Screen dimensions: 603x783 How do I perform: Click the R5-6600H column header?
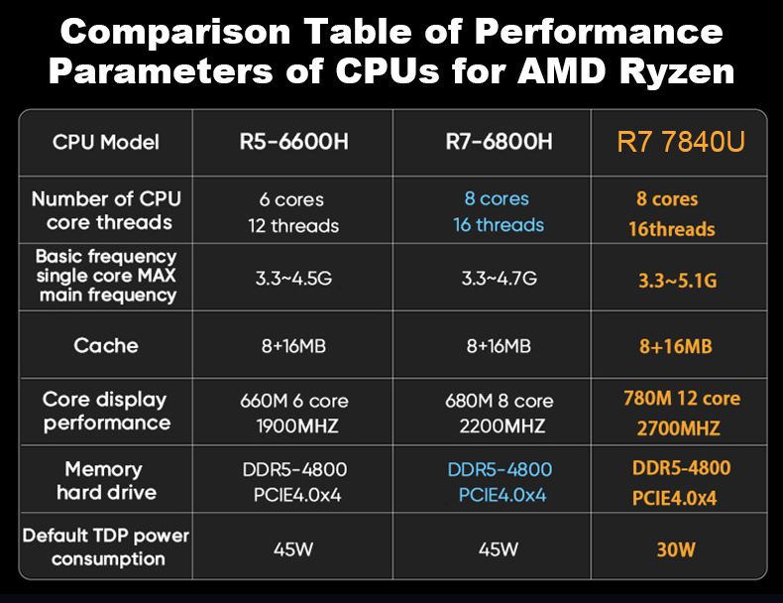(x=293, y=142)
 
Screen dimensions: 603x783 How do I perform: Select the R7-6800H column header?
(x=499, y=142)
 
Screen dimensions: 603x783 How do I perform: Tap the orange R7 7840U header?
(x=680, y=142)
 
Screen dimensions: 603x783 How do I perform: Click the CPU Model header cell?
(x=106, y=142)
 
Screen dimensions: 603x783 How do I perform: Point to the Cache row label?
(x=106, y=345)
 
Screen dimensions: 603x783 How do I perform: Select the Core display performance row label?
(x=106, y=412)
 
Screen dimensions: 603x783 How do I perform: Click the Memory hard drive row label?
(x=106, y=481)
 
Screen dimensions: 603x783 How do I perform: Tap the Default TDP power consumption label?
(x=106, y=546)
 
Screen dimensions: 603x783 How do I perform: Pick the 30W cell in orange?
(x=676, y=548)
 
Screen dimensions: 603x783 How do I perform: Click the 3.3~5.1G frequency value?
(x=677, y=281)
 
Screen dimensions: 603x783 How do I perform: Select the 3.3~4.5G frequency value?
(x=293, y=279)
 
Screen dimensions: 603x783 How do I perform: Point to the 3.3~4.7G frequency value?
(x=499, y=279)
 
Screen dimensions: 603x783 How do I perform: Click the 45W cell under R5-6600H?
(x=293, y=547)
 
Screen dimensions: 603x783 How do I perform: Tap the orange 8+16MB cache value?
(x=676, y=346)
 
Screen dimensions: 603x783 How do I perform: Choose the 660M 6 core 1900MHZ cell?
(x=293, y=414)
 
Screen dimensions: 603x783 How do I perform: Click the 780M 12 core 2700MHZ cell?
(x=681, y=414)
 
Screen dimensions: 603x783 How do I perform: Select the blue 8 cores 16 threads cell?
(x=499, y=212)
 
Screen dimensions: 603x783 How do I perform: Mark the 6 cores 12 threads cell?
(x=293, y=212)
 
